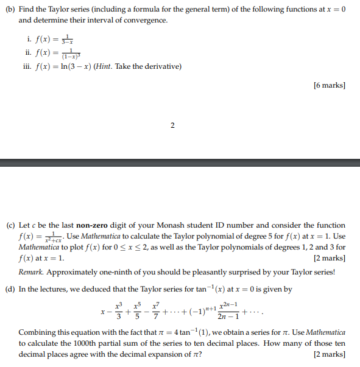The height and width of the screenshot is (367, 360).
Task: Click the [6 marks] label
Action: point(330,85)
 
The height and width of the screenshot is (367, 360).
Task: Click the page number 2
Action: point(172,125)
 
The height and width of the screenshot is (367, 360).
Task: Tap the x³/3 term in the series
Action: point(118,311)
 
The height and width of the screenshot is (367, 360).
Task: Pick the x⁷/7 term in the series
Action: point(157,311)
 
